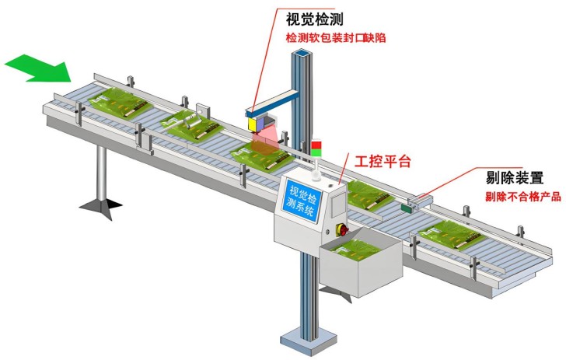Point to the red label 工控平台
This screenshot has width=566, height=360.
coord(383,162)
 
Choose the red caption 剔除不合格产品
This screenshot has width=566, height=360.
coord(522,196)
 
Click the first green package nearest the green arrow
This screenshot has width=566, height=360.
coord(117,103)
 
